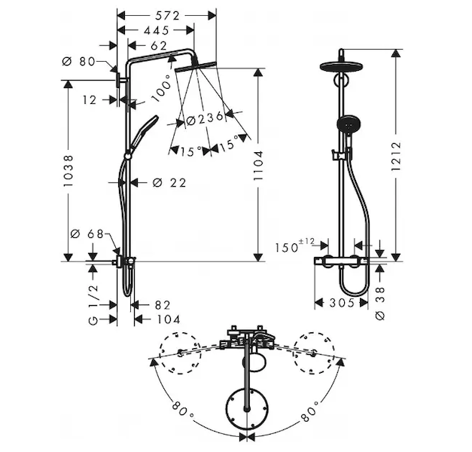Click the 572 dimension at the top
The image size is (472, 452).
[167, 15]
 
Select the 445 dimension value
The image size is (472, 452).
[157, 30]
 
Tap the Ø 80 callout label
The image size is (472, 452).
[78, 62]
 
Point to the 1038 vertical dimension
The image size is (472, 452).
[69, 170]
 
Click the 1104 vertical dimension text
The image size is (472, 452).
[258, 166]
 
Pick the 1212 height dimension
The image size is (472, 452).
[396, 156]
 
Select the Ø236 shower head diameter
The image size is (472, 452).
[205, 118]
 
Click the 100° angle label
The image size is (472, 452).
[161, 88]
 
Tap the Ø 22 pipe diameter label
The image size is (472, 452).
[169, 182]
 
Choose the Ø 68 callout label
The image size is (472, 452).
[87, 234]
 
